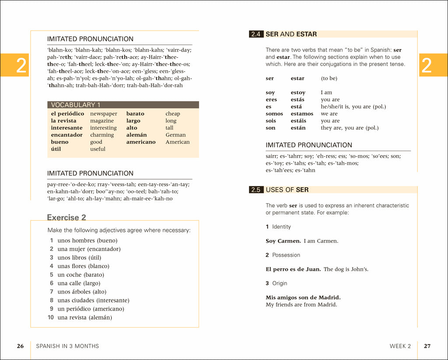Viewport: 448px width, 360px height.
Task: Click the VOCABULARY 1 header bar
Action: point(122,105)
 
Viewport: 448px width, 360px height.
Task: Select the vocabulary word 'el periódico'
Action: point(67,114)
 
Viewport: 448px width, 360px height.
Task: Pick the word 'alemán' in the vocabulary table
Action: point(136,135)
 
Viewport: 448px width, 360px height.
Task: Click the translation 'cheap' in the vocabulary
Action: point(173,114)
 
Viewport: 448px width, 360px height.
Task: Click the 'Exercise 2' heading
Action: point(66,218)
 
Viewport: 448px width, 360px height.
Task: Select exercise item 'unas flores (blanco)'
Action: point(83,266)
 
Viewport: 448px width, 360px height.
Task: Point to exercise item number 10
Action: point(50,318)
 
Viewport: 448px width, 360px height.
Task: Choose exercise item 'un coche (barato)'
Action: point(80,275)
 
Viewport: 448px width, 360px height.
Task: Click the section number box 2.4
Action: point(256,34)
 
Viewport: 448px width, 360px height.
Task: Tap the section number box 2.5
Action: point(256,190)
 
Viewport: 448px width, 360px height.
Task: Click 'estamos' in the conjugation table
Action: point(302,114)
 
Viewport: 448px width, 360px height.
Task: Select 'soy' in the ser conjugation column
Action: point(270,93)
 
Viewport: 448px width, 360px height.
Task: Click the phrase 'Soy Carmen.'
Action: point(283,241)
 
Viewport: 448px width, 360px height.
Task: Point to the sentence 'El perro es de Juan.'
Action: point(293,269)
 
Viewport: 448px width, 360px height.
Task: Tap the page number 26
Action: point(20,346)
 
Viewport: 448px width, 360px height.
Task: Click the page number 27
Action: point(427,346)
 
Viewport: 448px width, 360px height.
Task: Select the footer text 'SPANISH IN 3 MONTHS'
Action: point(67,346)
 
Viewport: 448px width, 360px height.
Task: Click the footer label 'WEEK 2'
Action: point(400,346)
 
